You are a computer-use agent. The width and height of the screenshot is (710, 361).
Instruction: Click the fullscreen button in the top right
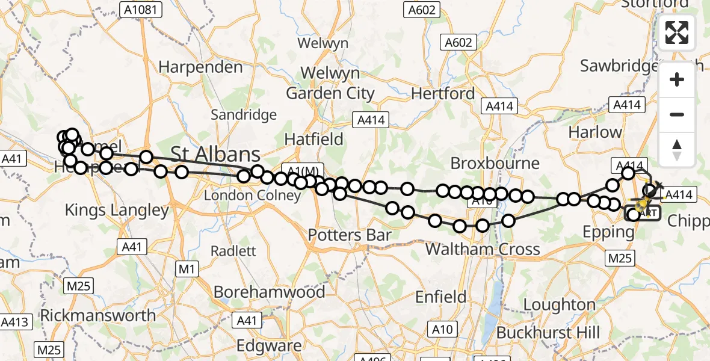pos(677,32)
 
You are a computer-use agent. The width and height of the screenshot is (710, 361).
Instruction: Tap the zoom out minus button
pos(677,114)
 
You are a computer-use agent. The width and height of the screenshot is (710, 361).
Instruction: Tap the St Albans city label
pos(216,153)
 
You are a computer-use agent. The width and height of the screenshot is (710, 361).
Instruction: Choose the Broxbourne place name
pos(495,163)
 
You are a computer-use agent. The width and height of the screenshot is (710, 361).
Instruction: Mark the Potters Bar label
pos(350,235)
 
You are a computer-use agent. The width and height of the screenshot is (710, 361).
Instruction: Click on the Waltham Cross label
pos(483,248)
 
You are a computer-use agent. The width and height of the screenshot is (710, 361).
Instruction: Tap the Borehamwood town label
pos(269,292)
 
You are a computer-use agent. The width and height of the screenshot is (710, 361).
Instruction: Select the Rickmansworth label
pos(97,315)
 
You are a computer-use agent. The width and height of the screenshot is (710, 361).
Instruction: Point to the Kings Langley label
pos(117,210)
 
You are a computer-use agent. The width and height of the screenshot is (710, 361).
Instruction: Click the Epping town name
pos(608,232)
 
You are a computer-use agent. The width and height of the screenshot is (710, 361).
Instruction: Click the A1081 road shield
pos(141,10)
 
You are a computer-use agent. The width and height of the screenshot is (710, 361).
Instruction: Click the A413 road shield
pos(14,322)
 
